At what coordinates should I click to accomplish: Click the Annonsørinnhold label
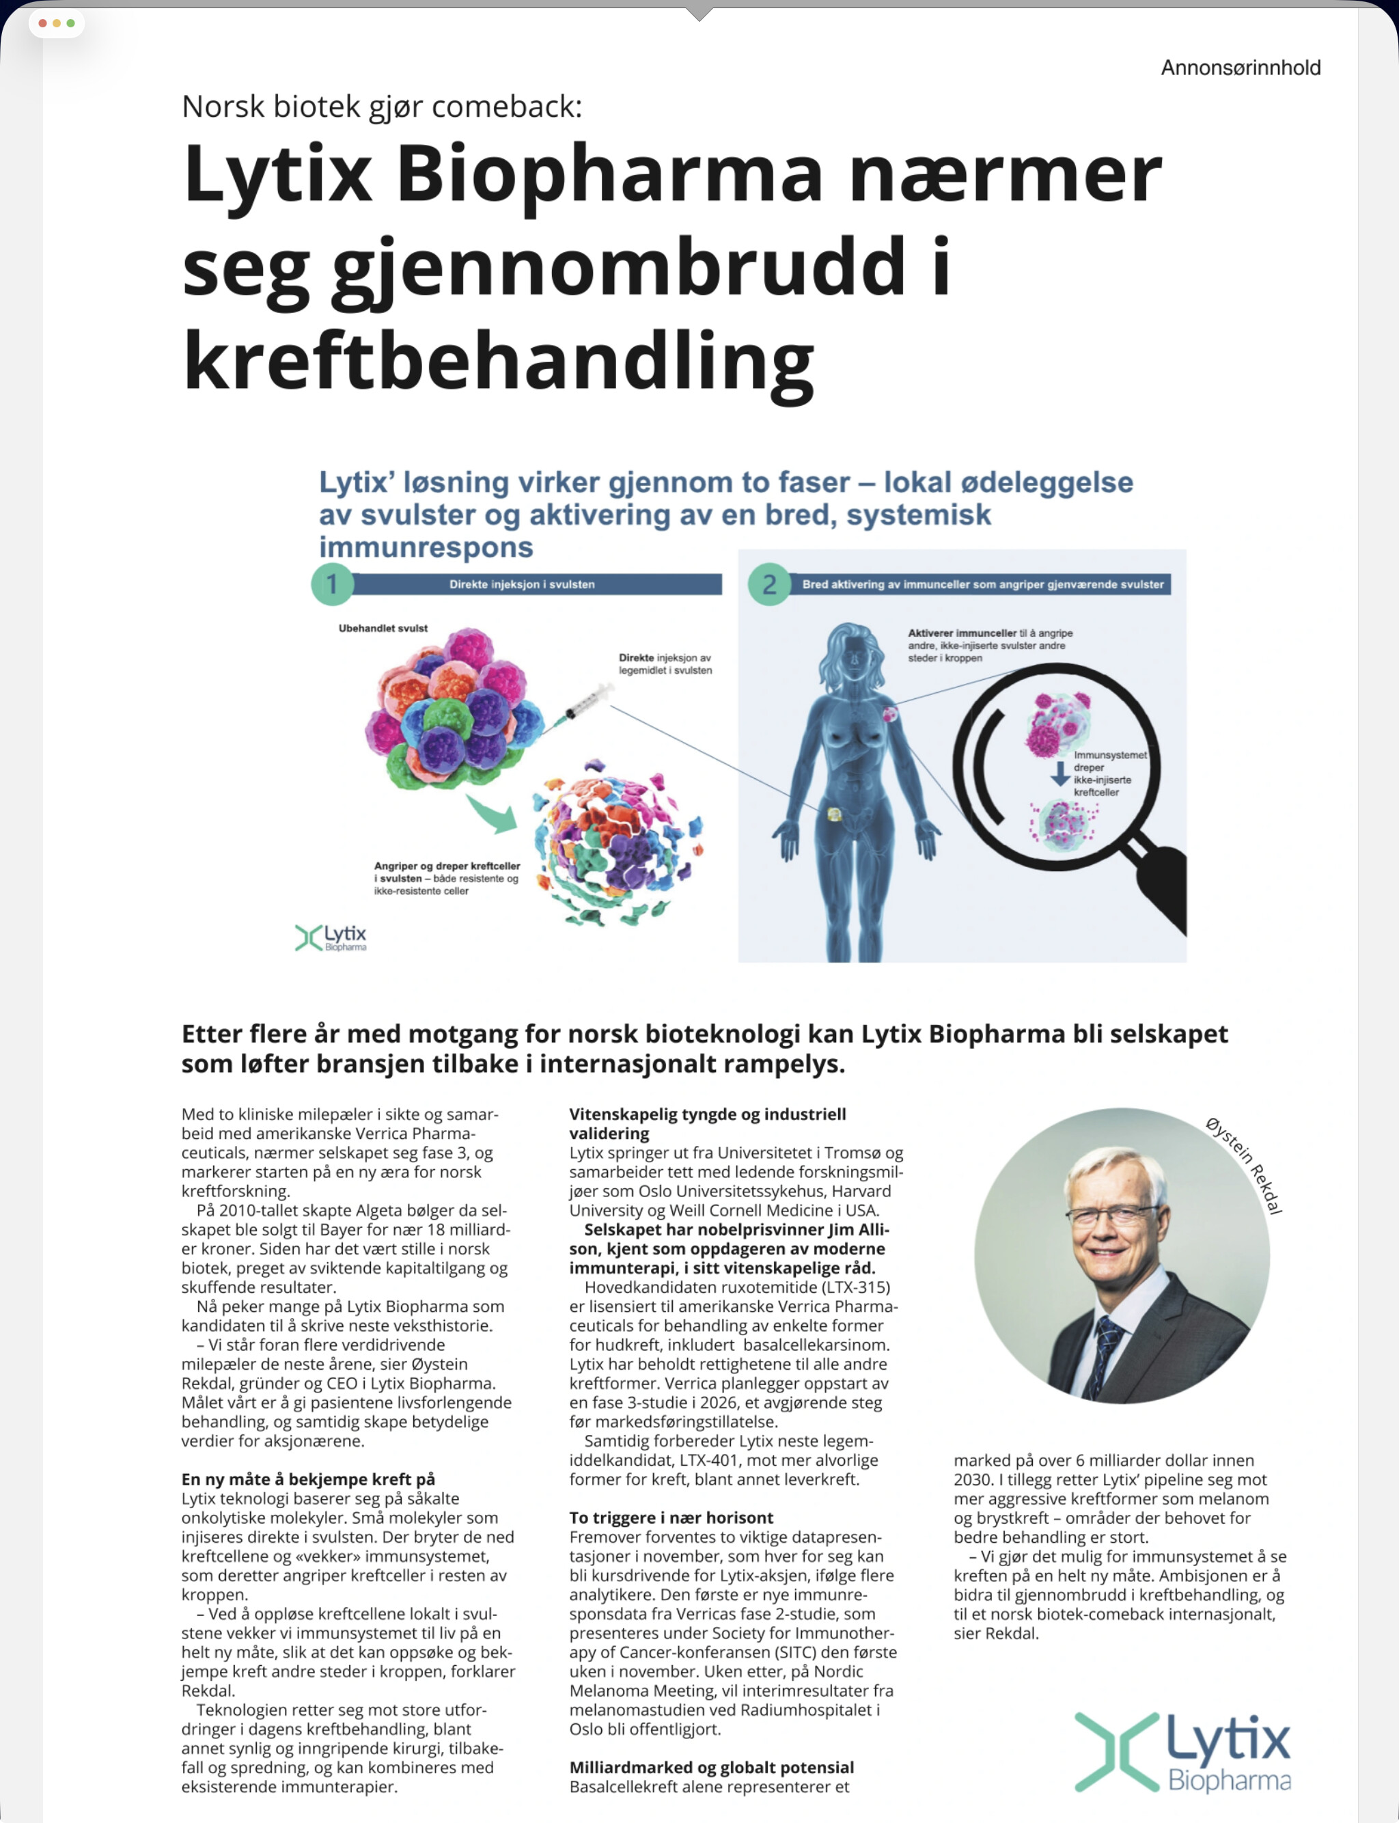pos(1240,68)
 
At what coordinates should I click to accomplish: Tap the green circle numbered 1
pos(332,584)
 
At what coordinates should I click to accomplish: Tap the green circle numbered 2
pos(768,584)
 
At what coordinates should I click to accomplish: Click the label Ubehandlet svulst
pos(383,628)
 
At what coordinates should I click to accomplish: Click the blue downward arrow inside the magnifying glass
pos(1059,773)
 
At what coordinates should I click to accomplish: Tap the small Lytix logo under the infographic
pos(331,937)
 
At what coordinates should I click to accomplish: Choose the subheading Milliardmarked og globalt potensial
pos(711,1766)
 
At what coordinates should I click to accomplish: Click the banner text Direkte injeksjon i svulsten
pos(522,584)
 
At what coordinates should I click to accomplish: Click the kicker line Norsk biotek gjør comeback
pos(381,107)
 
